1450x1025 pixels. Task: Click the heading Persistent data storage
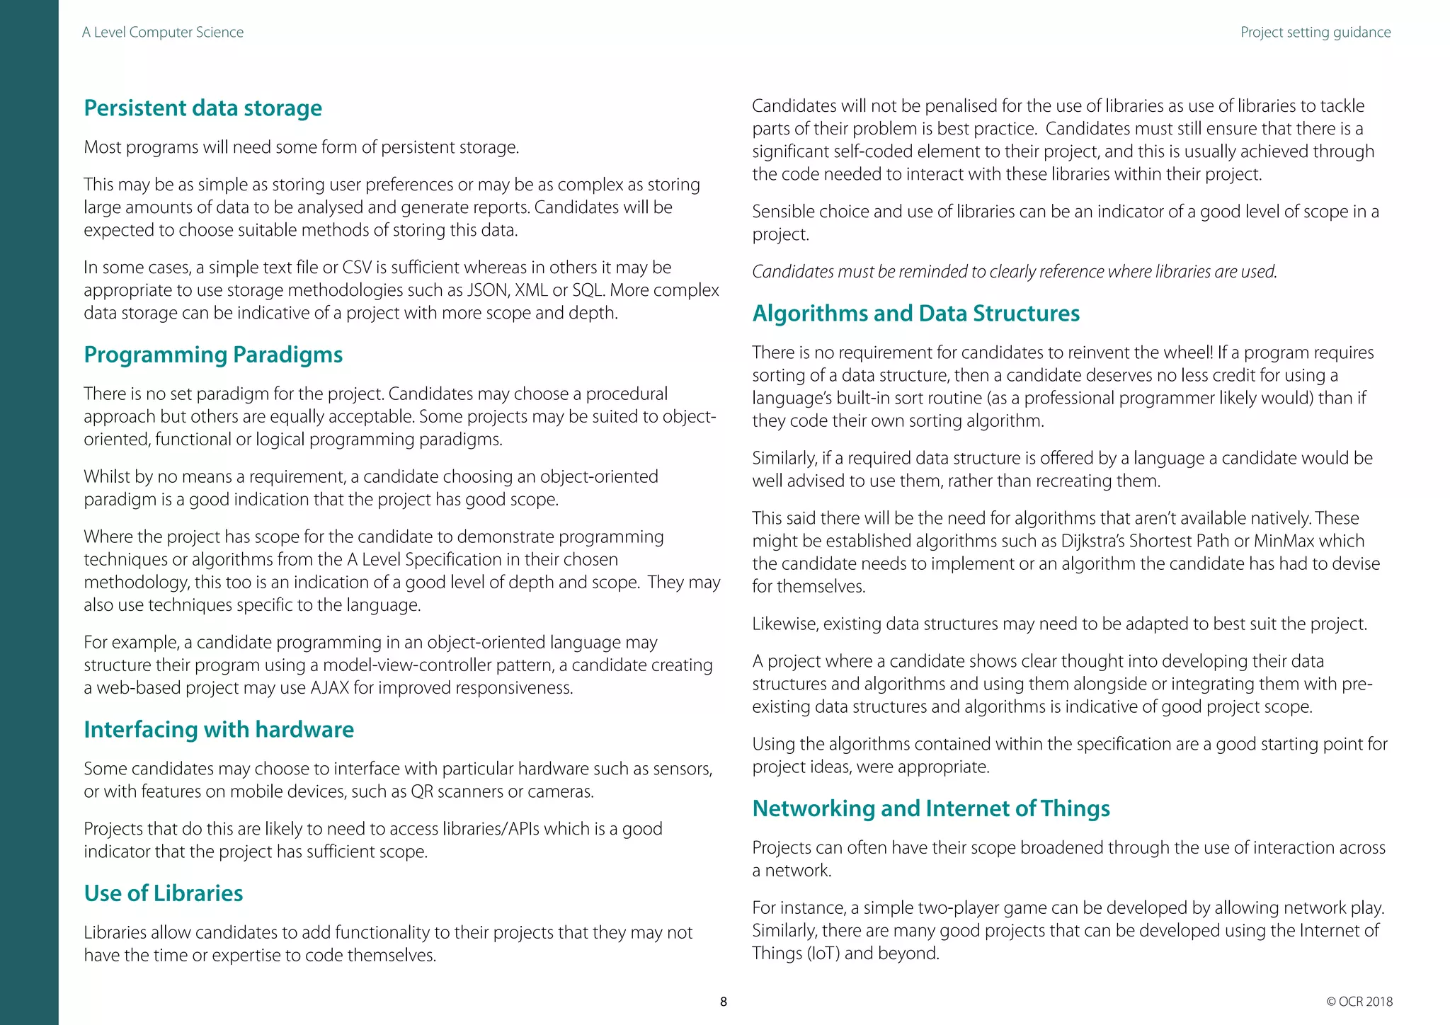(x=202, y=108)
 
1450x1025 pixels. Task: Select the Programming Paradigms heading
(x=213, y=355)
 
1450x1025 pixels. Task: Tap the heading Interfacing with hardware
(x=219, y=730)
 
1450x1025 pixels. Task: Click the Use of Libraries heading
(x=164, y=893)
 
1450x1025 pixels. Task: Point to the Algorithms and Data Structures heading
(x=915, y=314)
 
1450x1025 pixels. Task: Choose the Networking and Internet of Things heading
(x=930, y=808)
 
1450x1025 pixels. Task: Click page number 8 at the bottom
(x=723, y=1002)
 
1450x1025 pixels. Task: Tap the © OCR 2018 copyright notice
(x=1359, y=1002)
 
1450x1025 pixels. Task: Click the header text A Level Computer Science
(x=163, y=33)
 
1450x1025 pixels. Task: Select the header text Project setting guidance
(x=1315, y=33)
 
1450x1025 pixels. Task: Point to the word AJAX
(x=329, y=688)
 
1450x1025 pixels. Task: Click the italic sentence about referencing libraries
(x=1014, y=272)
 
